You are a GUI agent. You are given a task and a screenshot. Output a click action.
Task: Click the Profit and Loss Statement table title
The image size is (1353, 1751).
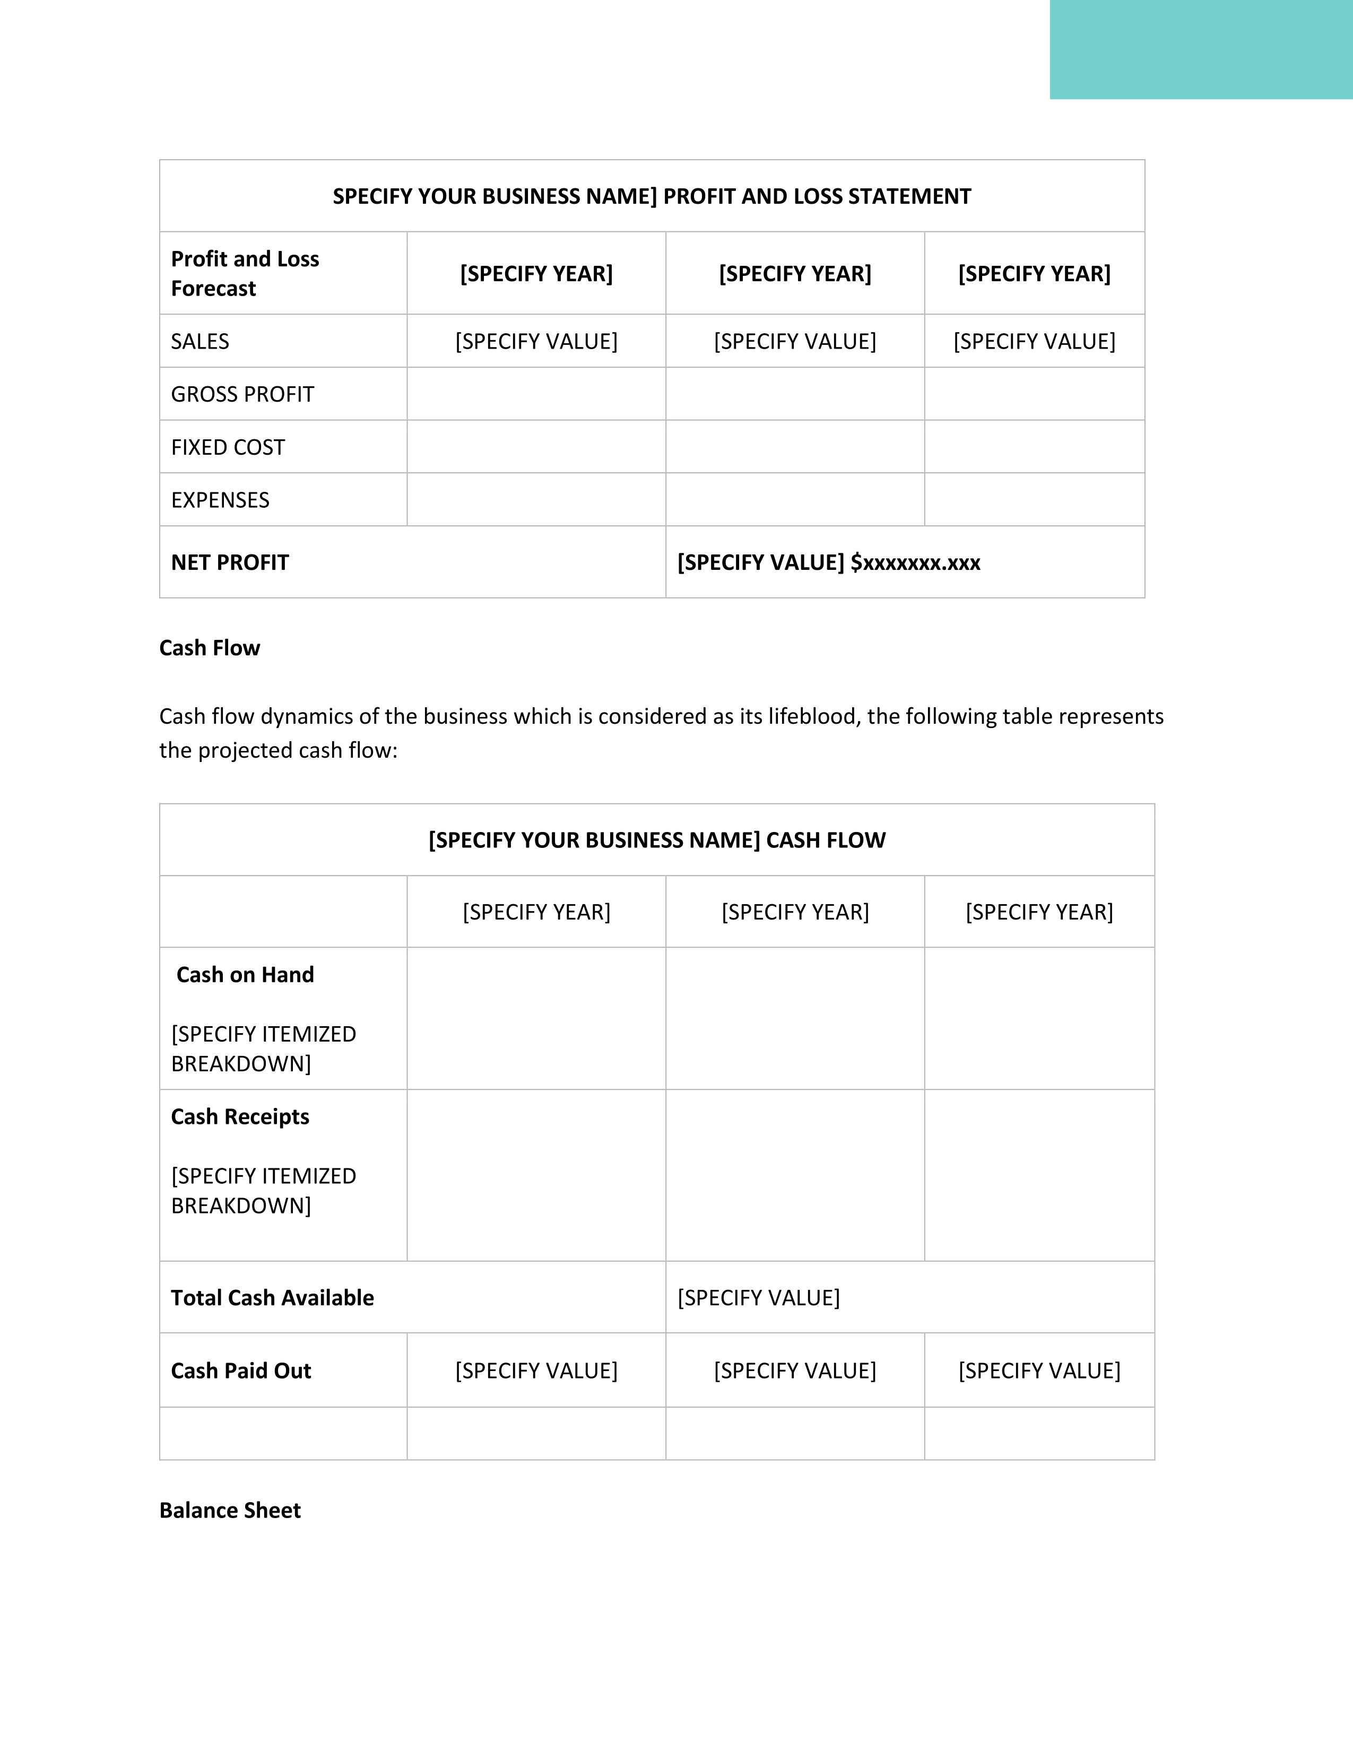(652, 196)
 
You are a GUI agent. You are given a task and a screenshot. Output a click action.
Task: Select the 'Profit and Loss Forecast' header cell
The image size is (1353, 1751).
(245, 273)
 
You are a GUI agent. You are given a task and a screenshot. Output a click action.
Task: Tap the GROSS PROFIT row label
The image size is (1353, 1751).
(242, 394)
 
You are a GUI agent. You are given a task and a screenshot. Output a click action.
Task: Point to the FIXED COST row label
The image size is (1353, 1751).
(228, 447)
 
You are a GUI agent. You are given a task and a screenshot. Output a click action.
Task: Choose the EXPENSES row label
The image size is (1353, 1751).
(220, 500)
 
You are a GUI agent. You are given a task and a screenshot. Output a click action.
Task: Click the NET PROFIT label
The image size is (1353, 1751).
(230, 563)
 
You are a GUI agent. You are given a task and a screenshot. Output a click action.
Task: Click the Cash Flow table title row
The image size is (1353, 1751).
(656, 840)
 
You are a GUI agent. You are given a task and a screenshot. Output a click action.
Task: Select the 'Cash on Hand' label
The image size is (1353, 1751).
(245, 975)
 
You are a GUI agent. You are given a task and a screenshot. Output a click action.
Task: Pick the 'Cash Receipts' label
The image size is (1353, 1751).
(240, 1117)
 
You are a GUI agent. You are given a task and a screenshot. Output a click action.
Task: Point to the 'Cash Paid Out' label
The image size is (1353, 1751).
(240, 1371)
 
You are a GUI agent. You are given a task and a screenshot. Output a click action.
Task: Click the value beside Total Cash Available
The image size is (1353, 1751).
(758, 1298)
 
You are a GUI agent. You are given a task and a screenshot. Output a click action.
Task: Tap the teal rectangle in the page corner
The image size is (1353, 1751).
(1201, 50)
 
